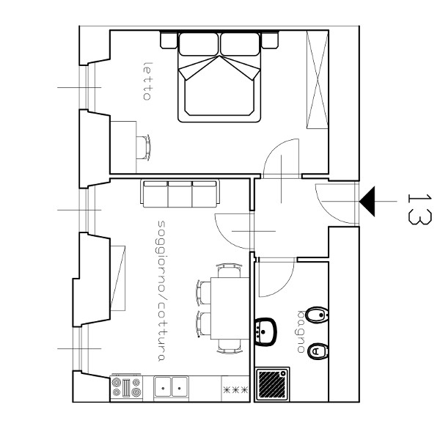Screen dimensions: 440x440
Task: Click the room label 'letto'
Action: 147,81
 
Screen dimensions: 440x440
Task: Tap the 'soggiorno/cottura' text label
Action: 161,290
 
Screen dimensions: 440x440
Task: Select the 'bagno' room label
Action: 301,331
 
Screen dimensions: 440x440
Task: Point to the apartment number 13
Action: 419,209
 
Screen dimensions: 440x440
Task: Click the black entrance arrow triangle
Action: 367,201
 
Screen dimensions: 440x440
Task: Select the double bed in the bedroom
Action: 219,77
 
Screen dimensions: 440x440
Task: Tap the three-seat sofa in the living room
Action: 180,194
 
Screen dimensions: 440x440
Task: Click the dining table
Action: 230,308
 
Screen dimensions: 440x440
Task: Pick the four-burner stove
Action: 127,387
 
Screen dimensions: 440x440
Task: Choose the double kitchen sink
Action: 171,387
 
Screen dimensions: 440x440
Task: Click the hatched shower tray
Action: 272,384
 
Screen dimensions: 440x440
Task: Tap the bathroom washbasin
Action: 265,332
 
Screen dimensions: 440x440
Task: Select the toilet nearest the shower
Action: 318,351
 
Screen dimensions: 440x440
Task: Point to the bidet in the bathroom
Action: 317,315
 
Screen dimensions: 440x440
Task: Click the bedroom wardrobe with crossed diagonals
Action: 317,80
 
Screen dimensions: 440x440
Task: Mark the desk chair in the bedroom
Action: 144,147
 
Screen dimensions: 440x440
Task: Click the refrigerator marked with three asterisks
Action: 235,389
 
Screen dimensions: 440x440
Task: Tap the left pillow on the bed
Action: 198,44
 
